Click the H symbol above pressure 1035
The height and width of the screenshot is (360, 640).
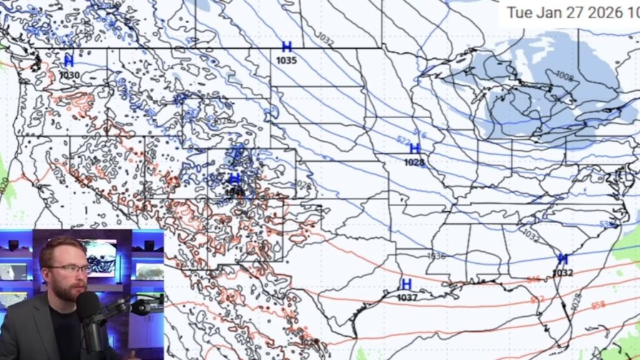tap(287, 47)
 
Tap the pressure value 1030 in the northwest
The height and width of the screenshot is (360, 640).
tap(69, 75)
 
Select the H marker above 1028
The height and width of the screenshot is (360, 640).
tap(414, 149)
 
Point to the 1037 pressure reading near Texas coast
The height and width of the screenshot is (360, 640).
tap(407, 297)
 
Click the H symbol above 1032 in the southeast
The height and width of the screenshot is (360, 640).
tap(562, 259)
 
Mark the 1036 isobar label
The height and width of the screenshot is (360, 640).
tap(436, 256)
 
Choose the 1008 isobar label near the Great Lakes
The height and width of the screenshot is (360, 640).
tap(564, 76)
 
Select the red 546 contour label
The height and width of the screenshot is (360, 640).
tap(533, 280)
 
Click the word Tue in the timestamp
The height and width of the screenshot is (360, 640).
tap(517, 12)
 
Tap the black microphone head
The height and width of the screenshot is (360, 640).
tap(88, 306)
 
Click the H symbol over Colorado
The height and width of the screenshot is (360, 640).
tap(234, 180)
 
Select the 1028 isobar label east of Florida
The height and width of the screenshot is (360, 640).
tap(576, 302)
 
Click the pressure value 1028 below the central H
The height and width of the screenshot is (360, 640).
tap(414, 162)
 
